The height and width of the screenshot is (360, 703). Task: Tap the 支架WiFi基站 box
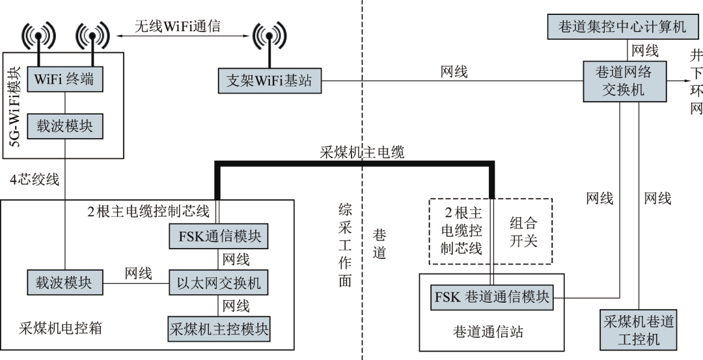point(269,81)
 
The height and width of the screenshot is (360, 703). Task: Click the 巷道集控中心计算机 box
point(622,27)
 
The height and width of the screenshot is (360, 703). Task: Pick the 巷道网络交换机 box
point(623,81)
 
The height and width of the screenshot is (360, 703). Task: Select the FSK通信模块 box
point(219,236)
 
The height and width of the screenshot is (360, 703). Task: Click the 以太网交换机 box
point(219,283)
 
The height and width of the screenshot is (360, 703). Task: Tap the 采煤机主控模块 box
point(219,327)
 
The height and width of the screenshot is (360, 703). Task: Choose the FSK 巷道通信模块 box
point(491,298)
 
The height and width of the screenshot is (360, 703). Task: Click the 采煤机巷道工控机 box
point(638,330)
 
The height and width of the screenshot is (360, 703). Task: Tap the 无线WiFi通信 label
point(177,26)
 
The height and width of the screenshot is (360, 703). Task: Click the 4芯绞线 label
point(34,179)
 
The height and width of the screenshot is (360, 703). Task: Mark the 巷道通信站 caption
point(488,332)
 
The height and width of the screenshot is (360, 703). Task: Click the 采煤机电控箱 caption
point(60,328)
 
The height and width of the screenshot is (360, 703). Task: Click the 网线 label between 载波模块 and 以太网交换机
point(138,273)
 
